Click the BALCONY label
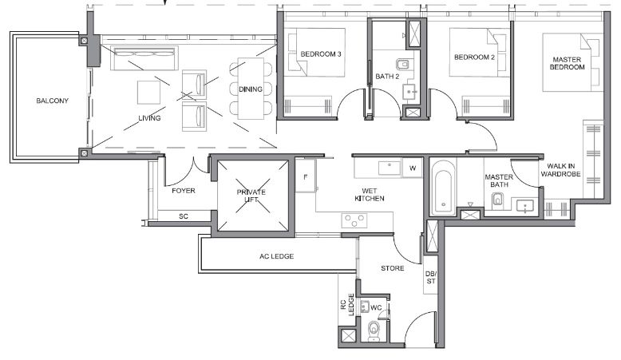tap(52, 101)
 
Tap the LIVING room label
tap(150, 118)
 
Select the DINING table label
tap(251, 89)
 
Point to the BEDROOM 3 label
tap(321, 54)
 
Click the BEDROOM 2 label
tap(474, 57)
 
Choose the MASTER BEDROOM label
tap(568, 63)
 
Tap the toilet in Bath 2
tap(403, 64)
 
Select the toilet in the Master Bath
tap(498, 200)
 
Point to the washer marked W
tap(413, 168)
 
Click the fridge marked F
tap(306, 176)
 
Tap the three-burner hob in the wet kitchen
tap(354, 220)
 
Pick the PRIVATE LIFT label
tap(251, 196)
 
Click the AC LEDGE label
tap(277, 257)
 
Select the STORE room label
tap(393, 268)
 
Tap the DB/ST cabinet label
tap(431, 277)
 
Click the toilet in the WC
tap(374, 330)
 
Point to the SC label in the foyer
tap(184, 216)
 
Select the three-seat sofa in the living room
tap(144, 58)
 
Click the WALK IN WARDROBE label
tap(561, 170)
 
